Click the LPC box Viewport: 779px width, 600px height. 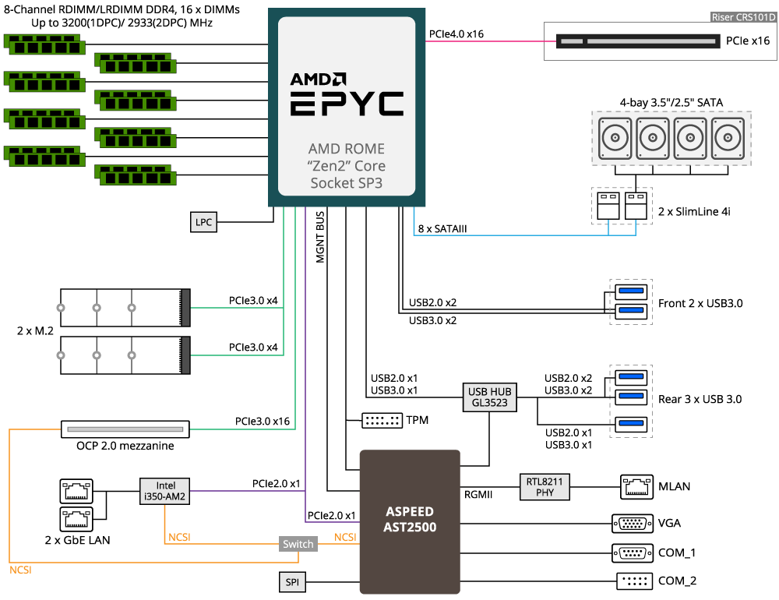(203, 222)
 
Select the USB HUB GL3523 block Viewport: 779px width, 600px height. (489, 397)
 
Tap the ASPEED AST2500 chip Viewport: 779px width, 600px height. (410, 522)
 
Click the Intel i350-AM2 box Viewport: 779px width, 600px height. (165, 491)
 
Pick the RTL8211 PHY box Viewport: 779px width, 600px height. (545, 487)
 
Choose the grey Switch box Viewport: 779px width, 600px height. (298, 544)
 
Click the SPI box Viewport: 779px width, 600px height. (292, 582)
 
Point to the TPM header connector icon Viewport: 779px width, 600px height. (382, 421)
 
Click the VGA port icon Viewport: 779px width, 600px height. (633, 524)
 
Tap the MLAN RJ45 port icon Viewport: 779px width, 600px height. (636, 487)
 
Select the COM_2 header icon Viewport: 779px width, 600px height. (634, 581)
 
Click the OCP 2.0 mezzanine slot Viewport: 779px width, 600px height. (125, 429)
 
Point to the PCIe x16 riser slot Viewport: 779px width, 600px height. (638, 41)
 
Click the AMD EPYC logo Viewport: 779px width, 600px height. (347, 94)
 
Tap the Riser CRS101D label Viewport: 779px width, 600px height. (743, 17)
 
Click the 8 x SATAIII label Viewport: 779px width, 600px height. (442, 228)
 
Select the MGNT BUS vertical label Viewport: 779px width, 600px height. (320, 237)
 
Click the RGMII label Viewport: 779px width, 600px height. (478, 495)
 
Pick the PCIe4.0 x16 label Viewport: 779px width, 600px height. (456, 34)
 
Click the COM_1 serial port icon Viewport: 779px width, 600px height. (633, 552)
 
